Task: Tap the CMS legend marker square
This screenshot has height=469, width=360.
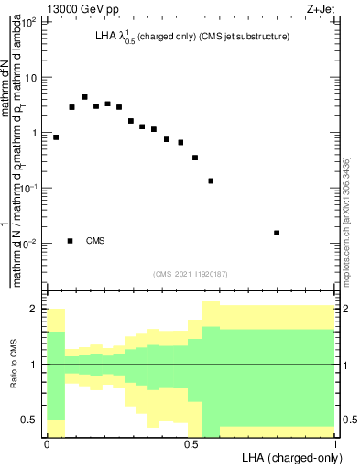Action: [x=71, y=241]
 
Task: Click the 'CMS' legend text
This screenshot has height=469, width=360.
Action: [x=95, y=241]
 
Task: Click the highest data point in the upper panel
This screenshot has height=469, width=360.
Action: [x=84, y=97]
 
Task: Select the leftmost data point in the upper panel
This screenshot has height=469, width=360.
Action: [x=56, y=137]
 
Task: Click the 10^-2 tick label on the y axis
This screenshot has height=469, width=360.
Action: [x=29, y=244]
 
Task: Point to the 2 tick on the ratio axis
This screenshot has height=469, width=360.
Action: [x=35, y=310]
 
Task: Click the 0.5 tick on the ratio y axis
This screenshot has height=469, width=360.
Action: [x=31, y=420]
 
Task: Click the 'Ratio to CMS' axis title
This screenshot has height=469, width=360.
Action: [x=14, y=365]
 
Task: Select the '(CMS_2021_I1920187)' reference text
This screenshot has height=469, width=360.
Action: [x=191, y=273]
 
